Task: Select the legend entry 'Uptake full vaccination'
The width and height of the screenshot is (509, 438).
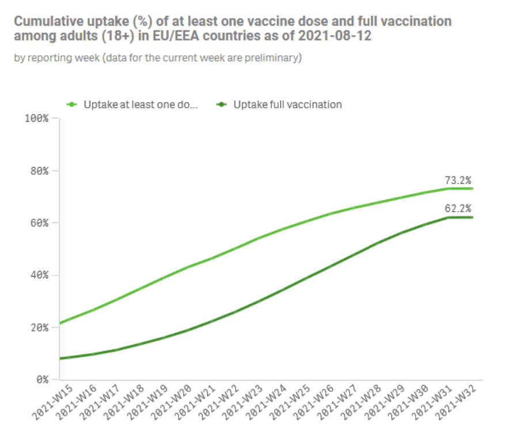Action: coord(287,105)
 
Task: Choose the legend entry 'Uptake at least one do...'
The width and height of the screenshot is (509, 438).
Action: coord(140,105)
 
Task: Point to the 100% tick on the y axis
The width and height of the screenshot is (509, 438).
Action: coord(38,118)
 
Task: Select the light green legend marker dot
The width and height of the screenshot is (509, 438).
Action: coord(73,105)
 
